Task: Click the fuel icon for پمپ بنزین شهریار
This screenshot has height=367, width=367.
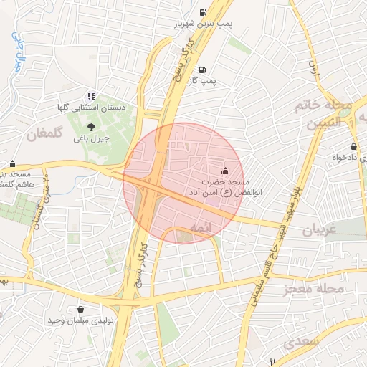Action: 204,11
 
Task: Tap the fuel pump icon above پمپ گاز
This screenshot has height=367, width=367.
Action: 203,70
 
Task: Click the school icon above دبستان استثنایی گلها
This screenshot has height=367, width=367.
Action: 90,95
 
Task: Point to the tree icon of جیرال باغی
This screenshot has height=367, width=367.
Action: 91,126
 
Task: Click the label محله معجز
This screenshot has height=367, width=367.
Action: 311,288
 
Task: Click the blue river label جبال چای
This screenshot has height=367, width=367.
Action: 19,52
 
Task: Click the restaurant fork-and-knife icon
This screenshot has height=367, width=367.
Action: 272,361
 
